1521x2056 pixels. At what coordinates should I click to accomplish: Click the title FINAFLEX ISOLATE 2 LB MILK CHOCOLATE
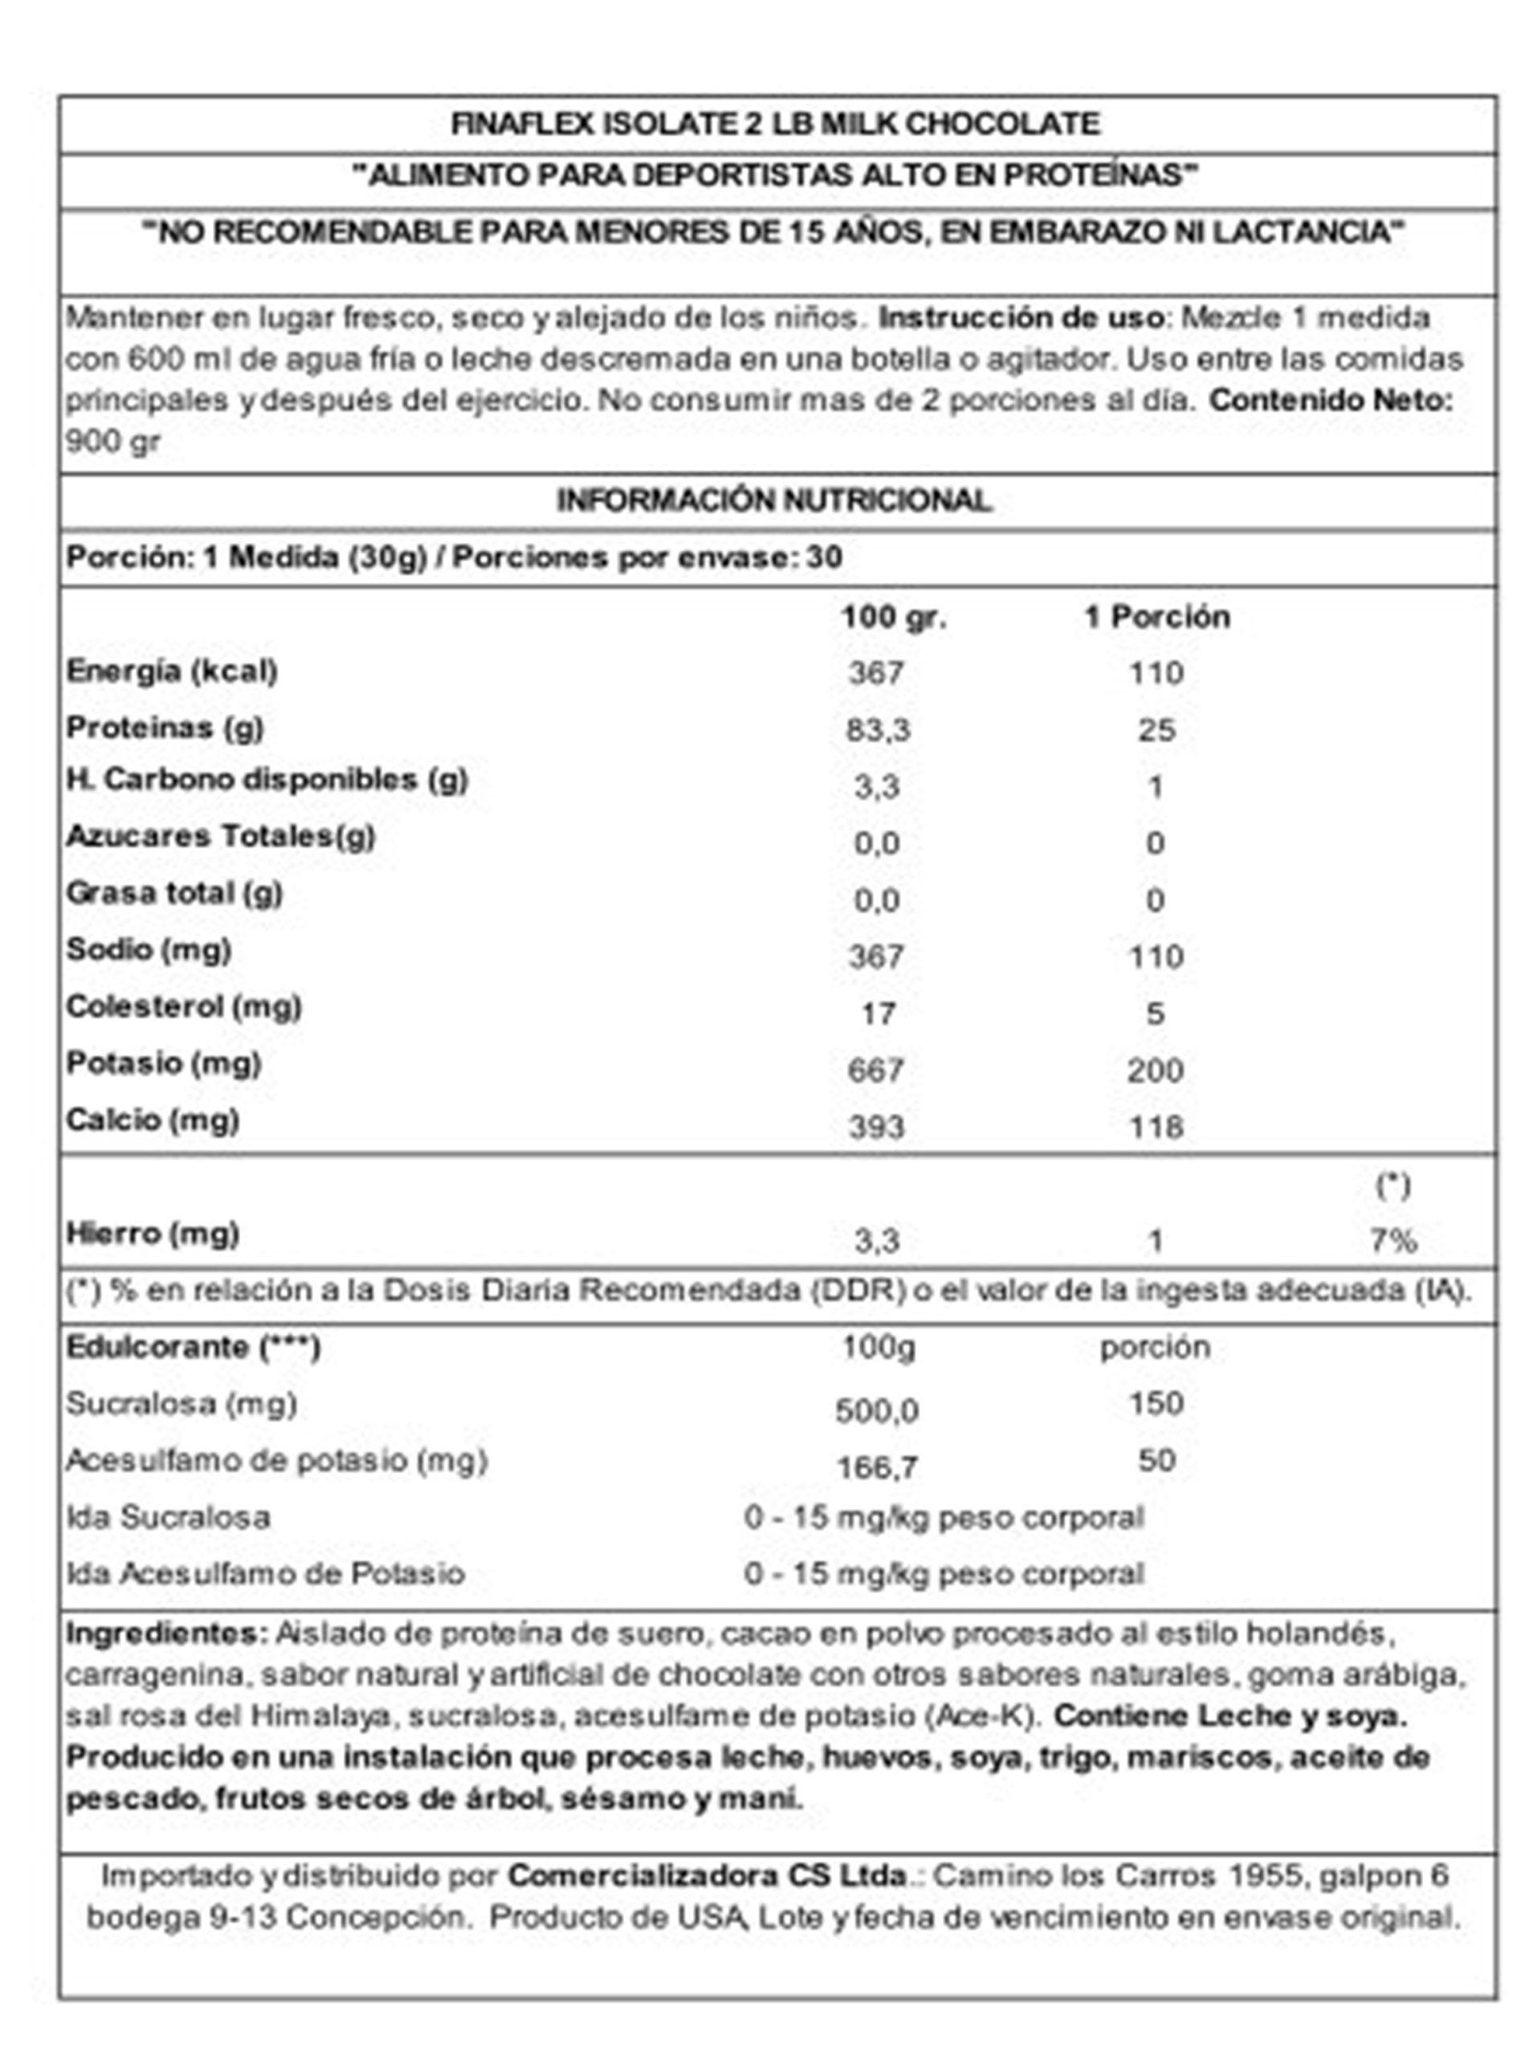click(774, 124)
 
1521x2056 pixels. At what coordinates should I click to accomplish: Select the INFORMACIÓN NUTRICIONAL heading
click(774, 501)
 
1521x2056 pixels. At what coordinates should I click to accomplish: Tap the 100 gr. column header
click(893, 617)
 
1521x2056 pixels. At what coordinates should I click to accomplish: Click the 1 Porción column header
click(1156, 617)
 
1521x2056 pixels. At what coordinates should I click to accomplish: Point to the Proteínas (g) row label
click(165, 728)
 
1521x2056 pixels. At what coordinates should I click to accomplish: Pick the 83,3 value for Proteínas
click(879, 730)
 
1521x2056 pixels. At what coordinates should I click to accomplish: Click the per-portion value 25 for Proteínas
click(1156, 730)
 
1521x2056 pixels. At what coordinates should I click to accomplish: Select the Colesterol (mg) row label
click(183, 1007)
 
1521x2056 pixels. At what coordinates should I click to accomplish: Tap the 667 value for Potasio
click(875, 1071)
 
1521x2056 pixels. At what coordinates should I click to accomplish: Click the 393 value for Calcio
click(875, 1127)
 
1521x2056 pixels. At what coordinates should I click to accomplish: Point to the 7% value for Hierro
click(1393, 1241)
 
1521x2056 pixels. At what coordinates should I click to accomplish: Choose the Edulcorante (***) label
click(193, 1348)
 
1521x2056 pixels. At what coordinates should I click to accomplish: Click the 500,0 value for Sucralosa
click(876, 1410)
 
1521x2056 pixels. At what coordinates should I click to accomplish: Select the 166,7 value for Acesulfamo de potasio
click(876, 1467)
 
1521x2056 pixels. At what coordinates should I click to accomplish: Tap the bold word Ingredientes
click(164, 1634)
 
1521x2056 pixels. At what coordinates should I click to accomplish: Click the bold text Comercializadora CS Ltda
click(706, 1875)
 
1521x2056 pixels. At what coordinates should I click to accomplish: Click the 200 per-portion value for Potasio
click(1155, 1071)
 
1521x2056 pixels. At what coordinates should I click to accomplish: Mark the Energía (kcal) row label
click(171, 671)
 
